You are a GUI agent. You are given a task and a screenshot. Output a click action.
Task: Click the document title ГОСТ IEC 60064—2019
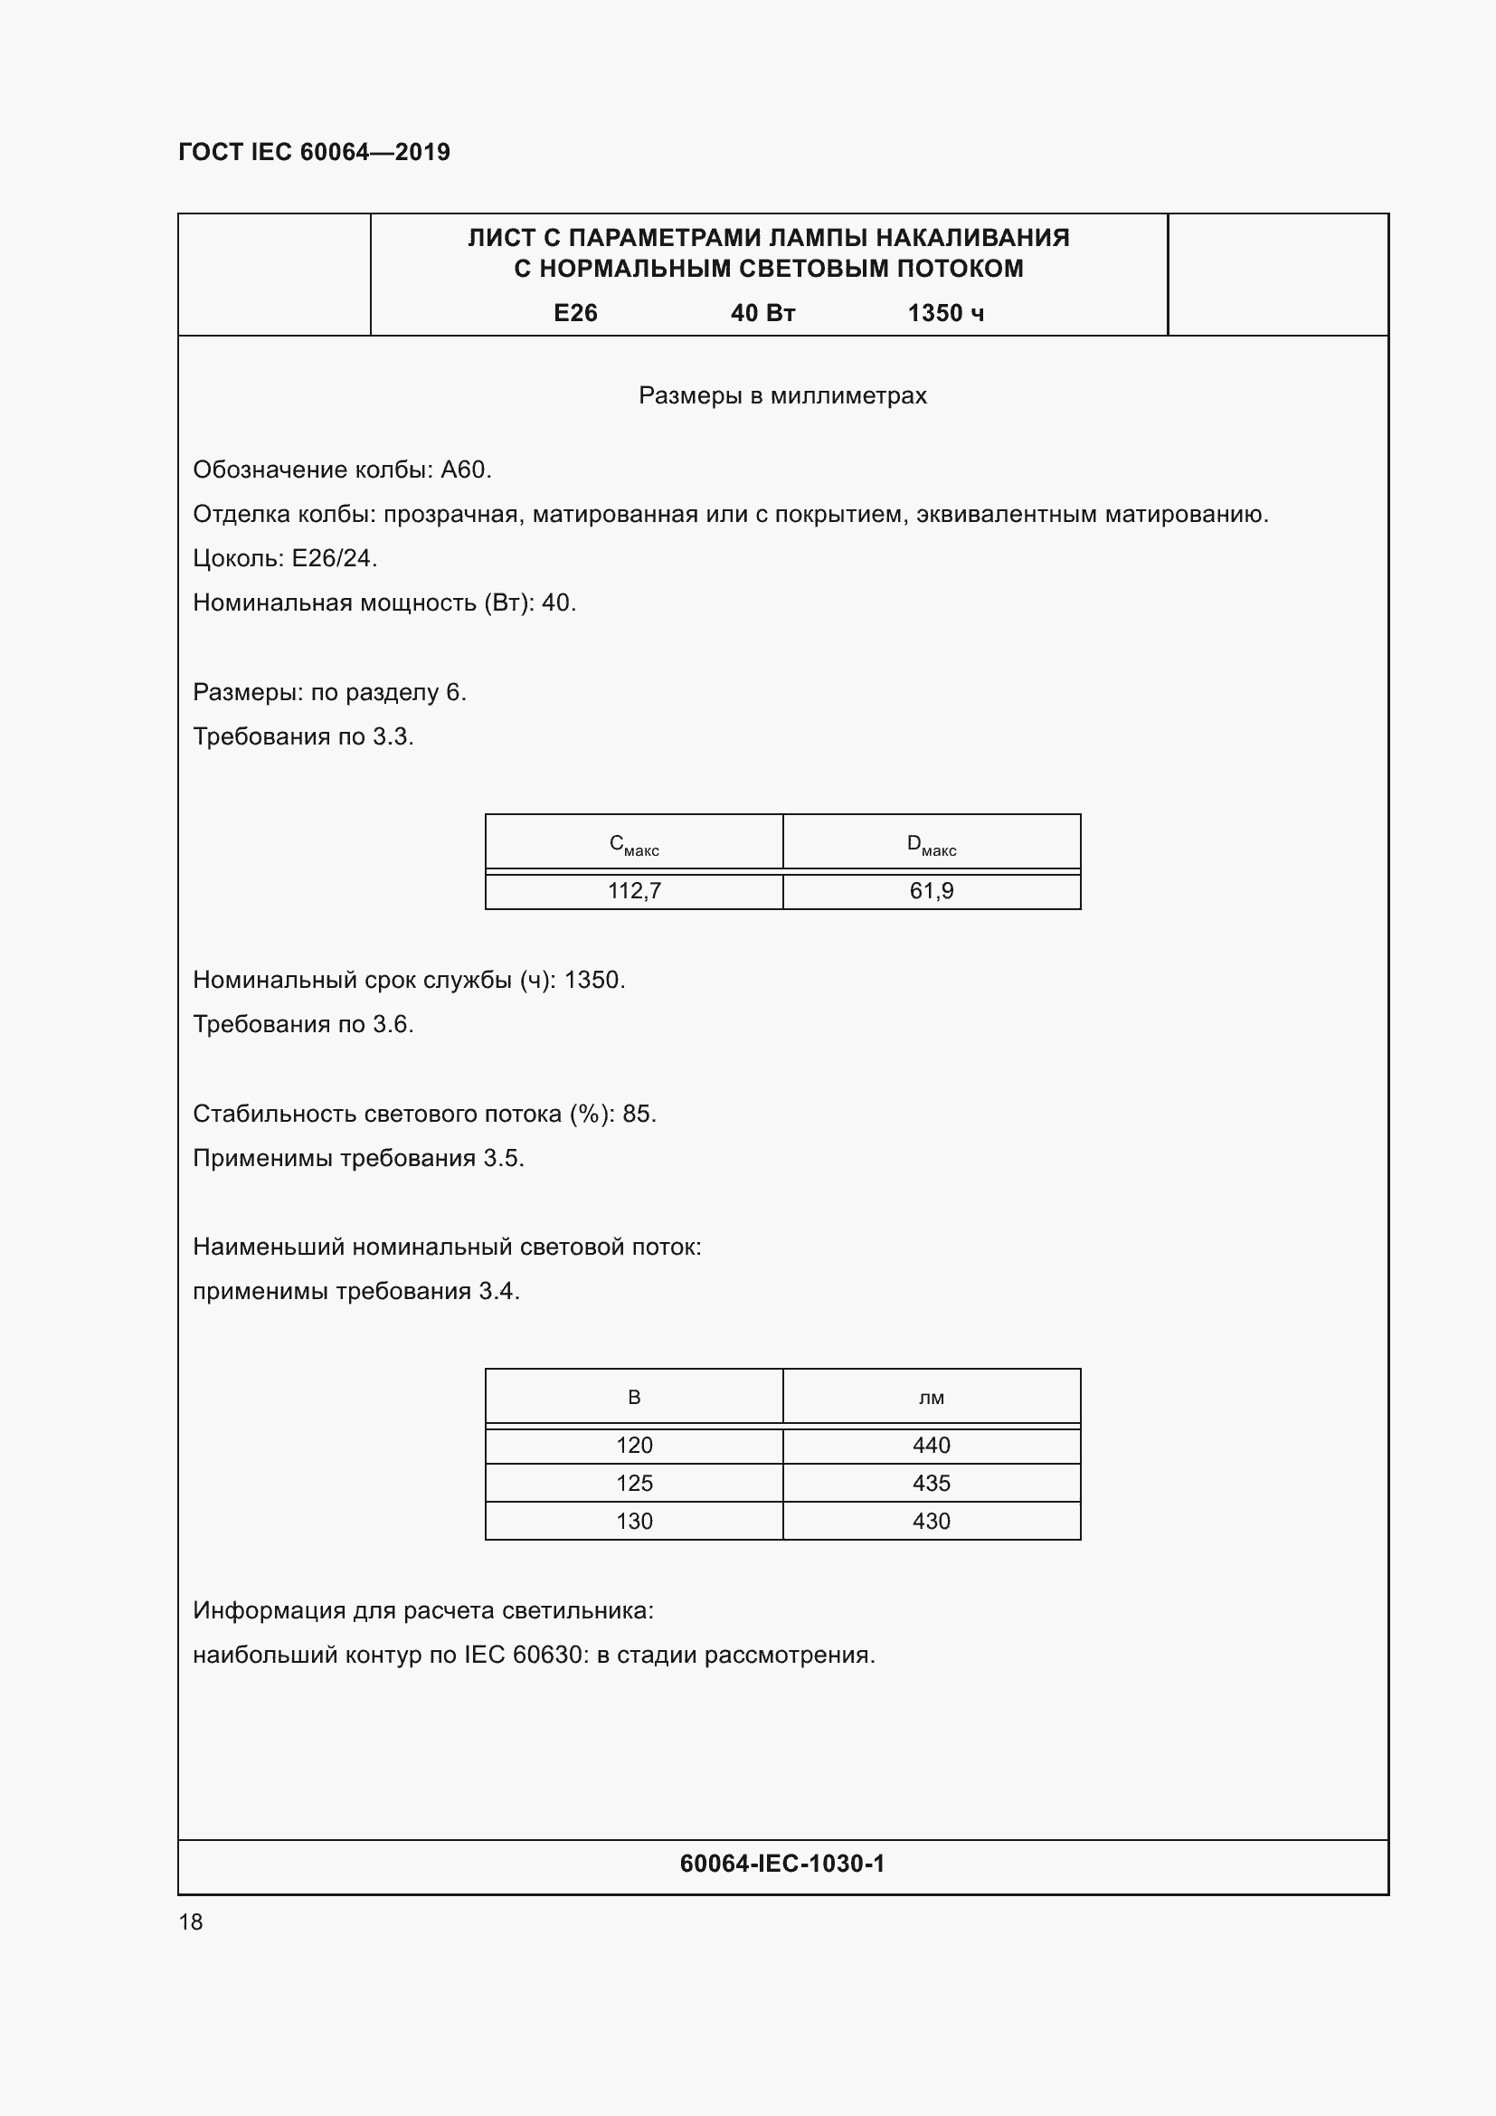[314, 152]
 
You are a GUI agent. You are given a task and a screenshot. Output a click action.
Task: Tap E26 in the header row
[576, 313]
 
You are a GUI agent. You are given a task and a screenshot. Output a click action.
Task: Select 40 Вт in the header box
[762, 313]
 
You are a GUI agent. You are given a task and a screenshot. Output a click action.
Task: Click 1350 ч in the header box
[945, 313]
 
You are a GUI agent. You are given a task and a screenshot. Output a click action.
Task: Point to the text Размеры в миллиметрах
[782, 395]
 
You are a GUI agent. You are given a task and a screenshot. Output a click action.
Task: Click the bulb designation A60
[463, 470]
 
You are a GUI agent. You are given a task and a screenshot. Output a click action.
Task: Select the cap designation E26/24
[333, 558]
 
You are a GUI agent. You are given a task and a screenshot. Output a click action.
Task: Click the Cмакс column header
[634, 844]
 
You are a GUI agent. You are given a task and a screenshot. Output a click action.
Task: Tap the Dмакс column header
[932, 844]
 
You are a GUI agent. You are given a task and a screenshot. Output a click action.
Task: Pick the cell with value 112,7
[634, 890]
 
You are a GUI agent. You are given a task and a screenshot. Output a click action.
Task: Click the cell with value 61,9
[932, 890]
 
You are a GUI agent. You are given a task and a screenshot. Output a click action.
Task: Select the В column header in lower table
[634, 1397]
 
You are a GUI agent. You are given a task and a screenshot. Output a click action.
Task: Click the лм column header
[932, 1397]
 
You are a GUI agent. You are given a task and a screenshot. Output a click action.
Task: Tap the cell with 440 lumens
[932, 1445]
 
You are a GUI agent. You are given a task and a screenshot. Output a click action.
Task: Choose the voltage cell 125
[634, 1483]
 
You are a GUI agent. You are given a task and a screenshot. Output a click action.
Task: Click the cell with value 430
[932, 1521]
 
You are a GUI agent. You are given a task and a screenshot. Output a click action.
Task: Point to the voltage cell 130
[634, 1521]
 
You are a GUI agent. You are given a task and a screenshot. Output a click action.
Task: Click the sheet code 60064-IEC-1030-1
[782, 1864]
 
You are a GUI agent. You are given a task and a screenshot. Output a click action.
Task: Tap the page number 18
[191, 1921]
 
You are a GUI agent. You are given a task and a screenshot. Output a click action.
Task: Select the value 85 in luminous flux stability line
[637, 1114]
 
